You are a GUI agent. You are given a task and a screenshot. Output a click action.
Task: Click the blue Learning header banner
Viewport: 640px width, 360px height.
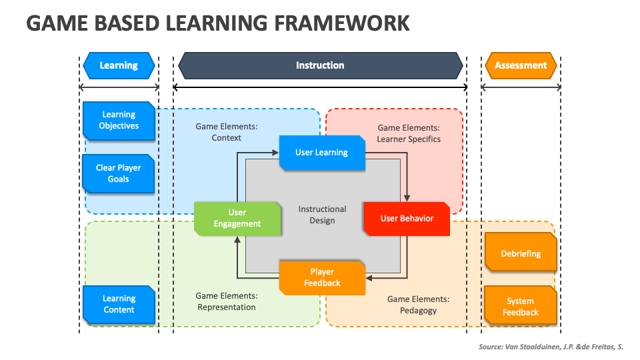[119, 65]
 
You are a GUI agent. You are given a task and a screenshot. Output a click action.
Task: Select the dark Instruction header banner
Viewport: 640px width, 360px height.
[320, 65]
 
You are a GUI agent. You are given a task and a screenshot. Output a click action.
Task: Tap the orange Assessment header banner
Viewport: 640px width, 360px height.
[521, 65]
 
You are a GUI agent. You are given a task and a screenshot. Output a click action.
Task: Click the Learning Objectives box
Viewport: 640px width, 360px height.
[119, 120]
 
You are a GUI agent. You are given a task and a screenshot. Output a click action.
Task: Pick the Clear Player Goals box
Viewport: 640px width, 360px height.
[119, 173]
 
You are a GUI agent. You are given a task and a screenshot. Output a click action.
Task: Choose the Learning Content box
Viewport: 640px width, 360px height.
[119, 304]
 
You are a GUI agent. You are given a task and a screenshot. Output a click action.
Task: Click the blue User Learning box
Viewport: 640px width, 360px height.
[322, 153]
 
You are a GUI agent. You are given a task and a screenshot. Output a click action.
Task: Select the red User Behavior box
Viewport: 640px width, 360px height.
[407, 219]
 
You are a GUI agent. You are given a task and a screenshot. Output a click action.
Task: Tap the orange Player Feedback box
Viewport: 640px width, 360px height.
[322, 277]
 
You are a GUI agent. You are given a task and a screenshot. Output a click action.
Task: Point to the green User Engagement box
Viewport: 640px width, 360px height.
[237, 218]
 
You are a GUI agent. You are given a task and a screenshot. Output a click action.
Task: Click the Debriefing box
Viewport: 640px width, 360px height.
[521, 253]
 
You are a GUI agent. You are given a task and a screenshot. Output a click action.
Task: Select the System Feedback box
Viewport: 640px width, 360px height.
[521, 307]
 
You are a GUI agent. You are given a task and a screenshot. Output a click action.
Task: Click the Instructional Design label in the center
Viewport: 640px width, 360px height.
[322, 215]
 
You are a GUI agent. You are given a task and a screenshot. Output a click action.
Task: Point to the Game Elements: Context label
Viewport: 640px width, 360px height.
[227, 132]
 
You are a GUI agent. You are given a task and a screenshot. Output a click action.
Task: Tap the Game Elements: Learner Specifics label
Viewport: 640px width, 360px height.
[409, 133]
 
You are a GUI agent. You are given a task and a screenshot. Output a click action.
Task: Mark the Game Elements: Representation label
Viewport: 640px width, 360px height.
[227, 301]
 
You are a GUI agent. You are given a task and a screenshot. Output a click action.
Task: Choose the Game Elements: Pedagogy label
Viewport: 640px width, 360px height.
[418, 305]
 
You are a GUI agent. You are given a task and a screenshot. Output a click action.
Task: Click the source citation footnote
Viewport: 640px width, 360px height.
[551, 347]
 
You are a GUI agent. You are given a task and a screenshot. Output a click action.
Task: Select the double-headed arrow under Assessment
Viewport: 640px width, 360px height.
[521, 87]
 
